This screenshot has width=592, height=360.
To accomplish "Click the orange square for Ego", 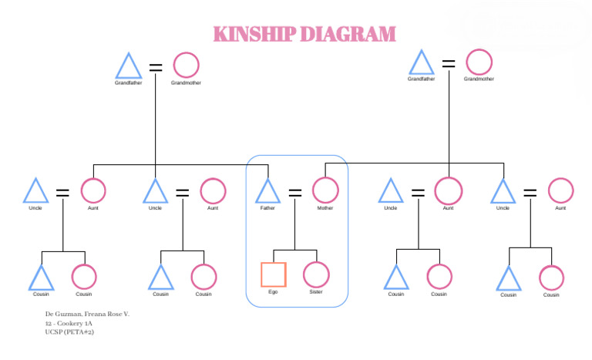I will pos(273,274).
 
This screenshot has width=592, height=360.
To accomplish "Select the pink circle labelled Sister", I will pos(316,274).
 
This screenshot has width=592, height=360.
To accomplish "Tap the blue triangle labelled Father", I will pos(267,192).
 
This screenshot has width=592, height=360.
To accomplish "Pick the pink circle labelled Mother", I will pos(325,190).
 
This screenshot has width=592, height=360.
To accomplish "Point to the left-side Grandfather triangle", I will pos(128,67).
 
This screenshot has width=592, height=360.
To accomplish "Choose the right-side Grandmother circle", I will pos(479,62).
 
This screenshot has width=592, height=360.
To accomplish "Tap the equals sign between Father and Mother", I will pos(295,193).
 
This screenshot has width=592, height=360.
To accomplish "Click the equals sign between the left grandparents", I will pos(156,67).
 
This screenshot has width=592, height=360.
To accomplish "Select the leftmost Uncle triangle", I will pos(35,192).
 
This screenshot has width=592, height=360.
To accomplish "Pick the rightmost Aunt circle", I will pos(560,190).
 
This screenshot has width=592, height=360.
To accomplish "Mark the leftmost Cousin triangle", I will pos(41,278).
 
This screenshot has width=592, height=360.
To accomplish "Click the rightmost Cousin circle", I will pos(551,278).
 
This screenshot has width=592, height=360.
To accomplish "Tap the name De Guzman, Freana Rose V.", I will pos(87,315).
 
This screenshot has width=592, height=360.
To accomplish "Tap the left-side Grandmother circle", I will pos(186,66).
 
